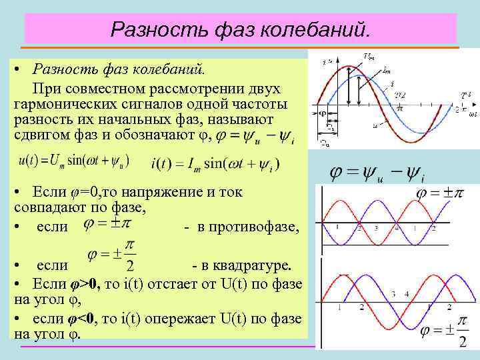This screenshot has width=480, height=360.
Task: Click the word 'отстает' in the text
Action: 187,283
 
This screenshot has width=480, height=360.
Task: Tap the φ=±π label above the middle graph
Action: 440,195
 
